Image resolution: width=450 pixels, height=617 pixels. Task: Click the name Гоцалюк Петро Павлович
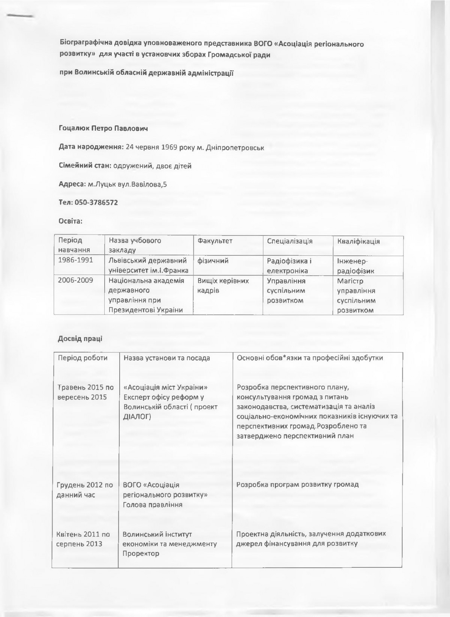pyautogui.click(x=103, y=129)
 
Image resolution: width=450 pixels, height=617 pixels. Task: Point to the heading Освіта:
pyautogui.click(x=70, y=221)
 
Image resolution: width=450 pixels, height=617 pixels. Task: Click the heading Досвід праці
pyautogui.click(x=80, y=339)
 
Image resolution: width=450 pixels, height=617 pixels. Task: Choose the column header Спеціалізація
pyautogui.click(x=290, y=241)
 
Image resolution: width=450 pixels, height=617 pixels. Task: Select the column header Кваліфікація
pyautogui.click(x=358, y=241)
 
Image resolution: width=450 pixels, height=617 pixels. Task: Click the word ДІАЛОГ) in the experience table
pyautogui.click(x=137, y=416)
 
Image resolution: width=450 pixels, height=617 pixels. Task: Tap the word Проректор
pyautogui.click(x=141, y=554)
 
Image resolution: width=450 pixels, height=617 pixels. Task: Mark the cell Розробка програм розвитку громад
pyautogui.click(x=298, y=484)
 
